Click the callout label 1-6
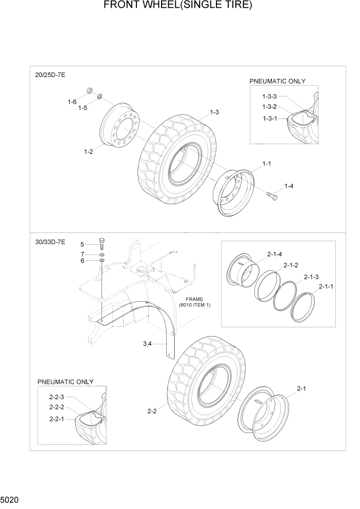[72, 102]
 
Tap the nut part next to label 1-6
[89, 91]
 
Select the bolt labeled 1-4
[271, 194]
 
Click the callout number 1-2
[88, 152]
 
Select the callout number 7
[82, 254]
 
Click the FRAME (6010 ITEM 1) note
[195, 302]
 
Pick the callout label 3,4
[147, 344]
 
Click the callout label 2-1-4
[274, 253]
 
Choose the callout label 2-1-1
[326, 286]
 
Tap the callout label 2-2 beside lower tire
[152, 411]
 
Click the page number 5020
[10, 498]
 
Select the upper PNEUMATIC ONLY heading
[277, 81]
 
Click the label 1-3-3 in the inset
[269, 96]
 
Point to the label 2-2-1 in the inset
[57, 419]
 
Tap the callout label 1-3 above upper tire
[214, 112]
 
